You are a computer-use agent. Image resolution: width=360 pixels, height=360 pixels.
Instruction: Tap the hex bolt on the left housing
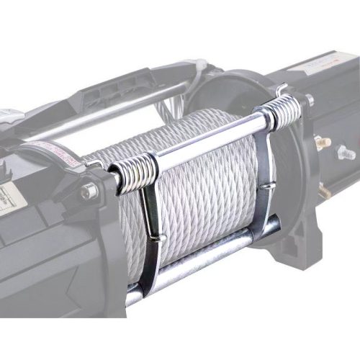pos(89,192)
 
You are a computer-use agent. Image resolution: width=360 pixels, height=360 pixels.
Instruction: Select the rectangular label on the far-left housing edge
pos(9,194)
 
